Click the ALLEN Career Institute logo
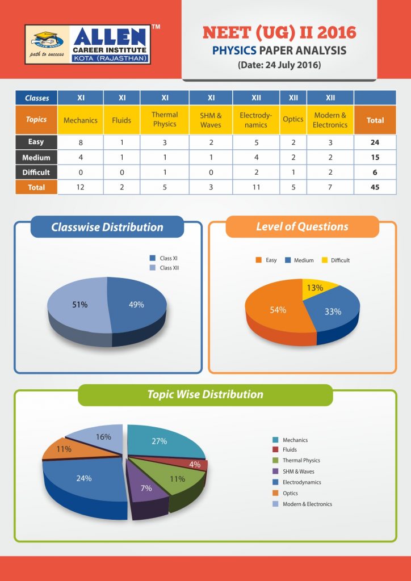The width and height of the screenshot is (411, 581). [x=88, y=44]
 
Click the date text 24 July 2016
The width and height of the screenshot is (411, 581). [x=279, y=65]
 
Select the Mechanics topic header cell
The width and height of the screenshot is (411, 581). [x=81, y=120]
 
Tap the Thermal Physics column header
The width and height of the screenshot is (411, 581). [x=165, y=120]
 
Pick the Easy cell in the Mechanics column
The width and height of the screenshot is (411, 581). [x=81, y=142]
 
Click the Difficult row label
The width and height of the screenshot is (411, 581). [x=36, y=172]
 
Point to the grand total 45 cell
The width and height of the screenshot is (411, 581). [x=375, y=187]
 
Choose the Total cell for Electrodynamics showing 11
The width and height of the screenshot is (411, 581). [x=256, y=187]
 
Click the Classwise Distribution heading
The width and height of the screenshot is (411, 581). [x=107, y=228]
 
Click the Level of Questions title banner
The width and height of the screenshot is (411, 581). [x=302, y=226]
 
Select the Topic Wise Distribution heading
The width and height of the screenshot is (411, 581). [x=205, y=394]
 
